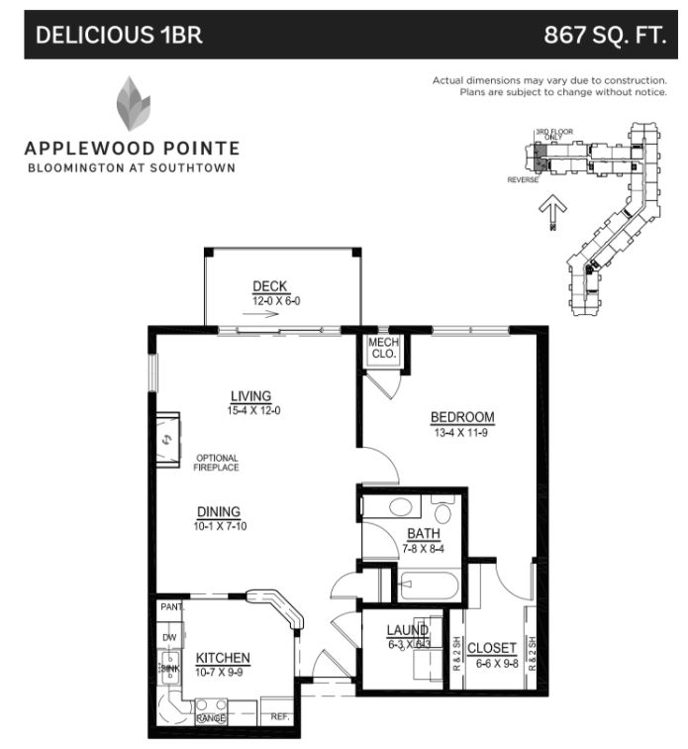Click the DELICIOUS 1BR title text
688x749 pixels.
click(x=119, y=36)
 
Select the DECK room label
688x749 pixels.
click(x=269, y=287)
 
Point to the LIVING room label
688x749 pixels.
click(x=250, y=396)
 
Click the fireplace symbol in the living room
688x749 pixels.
click(x=166, y=437)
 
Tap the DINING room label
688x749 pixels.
click(x=219, y=511)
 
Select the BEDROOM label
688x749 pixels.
click(x=461, y=417)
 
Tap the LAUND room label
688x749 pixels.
click(x=407, y=630)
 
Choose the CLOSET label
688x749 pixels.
click(x=492, y=648)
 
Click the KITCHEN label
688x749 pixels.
click(x=223, y=658)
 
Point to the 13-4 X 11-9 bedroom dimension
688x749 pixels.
click(x=461, y=433)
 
